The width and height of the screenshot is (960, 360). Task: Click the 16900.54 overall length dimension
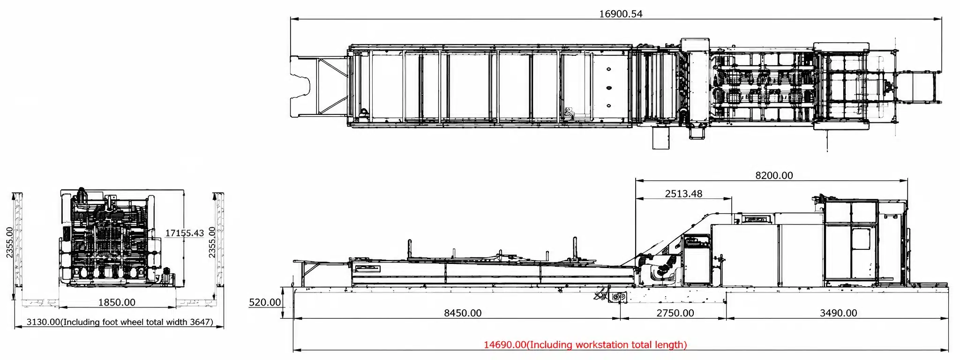(x=621, y=14)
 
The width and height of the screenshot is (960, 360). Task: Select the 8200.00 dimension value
(x=774, y=175)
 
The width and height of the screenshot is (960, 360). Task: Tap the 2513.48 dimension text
(x=683, y=194)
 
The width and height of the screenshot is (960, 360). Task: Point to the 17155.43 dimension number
(x=185, y=233)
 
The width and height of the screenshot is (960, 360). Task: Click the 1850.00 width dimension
(x=117, y=302)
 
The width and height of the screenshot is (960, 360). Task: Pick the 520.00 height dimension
(x=265, y=302)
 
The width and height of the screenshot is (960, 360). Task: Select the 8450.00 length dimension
(x=463, y=313)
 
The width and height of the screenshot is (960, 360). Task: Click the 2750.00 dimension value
(x=675, y=313)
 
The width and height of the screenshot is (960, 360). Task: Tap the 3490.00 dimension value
(x=838, y=313)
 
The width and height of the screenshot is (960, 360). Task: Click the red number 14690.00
(x=505, y=345)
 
